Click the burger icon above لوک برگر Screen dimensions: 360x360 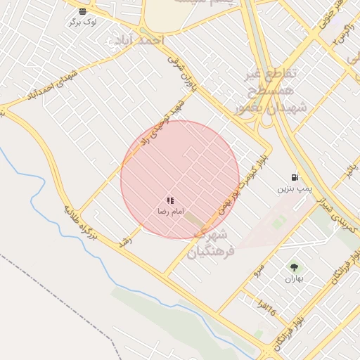coord(83,11)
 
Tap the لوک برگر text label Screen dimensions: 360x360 coord(83,22)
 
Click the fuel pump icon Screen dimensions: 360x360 coord(294,177)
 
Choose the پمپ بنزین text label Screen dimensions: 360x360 coord(293,188)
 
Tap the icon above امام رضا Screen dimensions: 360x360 coord(170,200)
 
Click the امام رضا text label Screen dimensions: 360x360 coord(169,211)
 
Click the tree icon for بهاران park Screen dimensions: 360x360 coord(293,267)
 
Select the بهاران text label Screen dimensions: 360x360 coord(293,278)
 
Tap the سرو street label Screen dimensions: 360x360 coord(259,269)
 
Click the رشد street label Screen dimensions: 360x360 coord(125,240)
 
